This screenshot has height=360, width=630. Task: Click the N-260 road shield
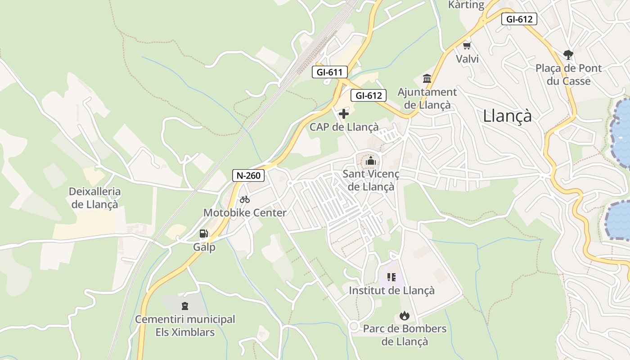[248, 175]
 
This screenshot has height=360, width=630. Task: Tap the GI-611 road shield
[330, 72]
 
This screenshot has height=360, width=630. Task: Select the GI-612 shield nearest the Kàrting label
[519, 19]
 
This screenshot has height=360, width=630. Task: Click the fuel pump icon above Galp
[204, 234]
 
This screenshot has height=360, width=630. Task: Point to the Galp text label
[204, 247]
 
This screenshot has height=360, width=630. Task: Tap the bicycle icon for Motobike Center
[245, 199]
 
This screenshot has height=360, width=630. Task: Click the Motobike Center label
[245, 213]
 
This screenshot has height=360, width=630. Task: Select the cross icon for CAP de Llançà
[344, 114]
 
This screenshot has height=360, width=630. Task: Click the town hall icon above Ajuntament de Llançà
[427, 79]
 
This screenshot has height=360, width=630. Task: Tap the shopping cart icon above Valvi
[467, 45]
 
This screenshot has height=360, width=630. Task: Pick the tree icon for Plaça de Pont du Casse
[568, 55]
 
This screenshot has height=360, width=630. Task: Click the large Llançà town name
[507, 116]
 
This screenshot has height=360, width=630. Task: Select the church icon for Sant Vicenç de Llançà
[371, 161]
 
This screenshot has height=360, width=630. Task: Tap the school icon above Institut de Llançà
[391, 277]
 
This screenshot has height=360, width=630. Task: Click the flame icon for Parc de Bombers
[405, 315]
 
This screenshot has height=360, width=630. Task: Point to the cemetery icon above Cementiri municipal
[185, 306]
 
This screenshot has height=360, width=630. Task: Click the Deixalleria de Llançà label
[94, 198]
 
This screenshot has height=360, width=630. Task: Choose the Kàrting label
[466, 5]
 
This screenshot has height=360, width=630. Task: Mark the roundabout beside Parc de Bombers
[354, 326]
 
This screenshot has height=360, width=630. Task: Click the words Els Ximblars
[185, 333]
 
